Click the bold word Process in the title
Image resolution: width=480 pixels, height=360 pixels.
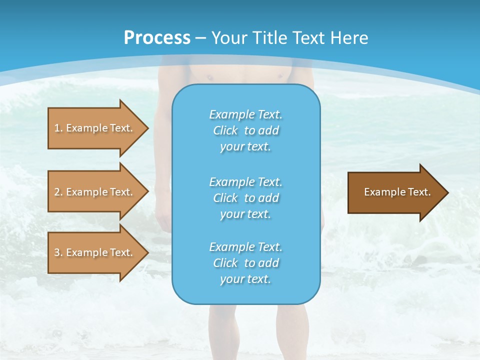click(157, 38)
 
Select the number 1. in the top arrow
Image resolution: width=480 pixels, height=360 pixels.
click(58, 128)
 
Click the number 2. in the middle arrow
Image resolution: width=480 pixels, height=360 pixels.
click(58, 192)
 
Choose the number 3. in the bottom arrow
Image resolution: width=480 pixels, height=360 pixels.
click(58, 252)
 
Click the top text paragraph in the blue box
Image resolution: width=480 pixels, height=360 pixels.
click(245, 130)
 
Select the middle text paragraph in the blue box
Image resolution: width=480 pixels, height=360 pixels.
click(245, 198)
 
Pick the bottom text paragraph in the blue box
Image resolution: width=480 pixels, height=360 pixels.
click(245, 263)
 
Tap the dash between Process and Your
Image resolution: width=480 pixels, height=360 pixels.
click(200, 38)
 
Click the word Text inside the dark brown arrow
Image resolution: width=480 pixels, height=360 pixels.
click(419, 192)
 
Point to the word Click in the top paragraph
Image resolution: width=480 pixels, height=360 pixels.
click(225, 130)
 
